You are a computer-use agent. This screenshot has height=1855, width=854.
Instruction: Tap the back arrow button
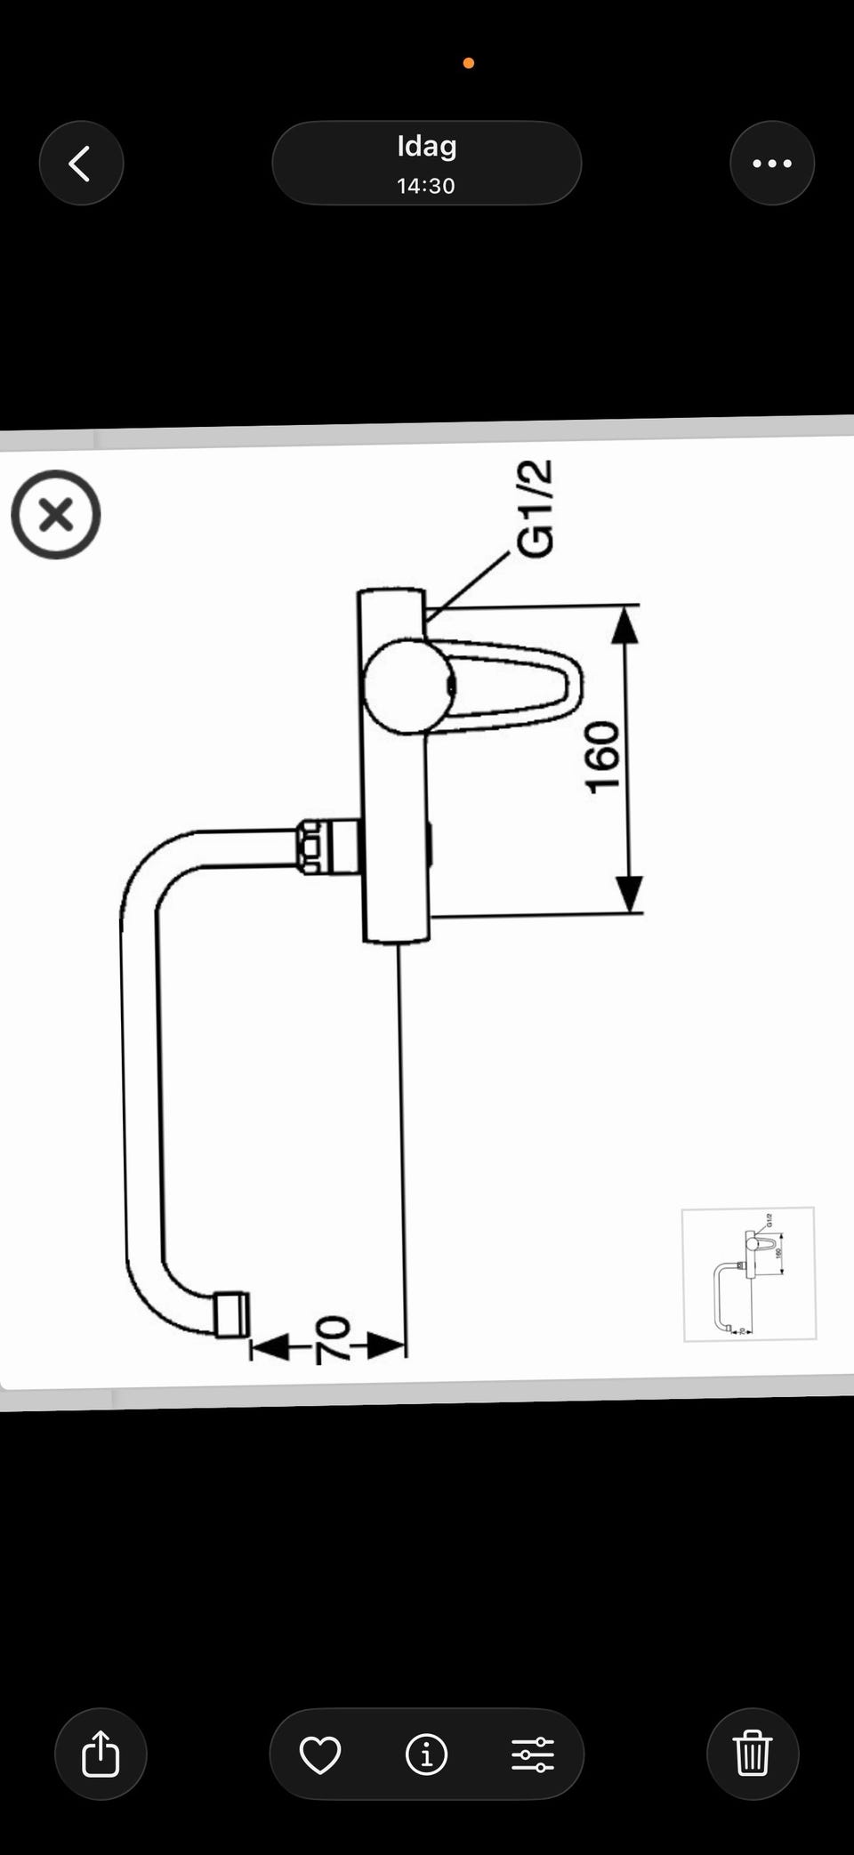[x=81, y=164]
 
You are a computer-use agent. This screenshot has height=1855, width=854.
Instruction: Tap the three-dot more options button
[x=772, y=164]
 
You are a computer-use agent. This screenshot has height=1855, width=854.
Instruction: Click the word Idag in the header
[x=427, y=147]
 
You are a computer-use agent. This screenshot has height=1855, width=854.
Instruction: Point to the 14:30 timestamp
[x=426, y=186]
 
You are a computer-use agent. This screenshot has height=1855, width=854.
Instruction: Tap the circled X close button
[x=56, y=515]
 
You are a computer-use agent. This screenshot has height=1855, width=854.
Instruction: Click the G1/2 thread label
[x=536, y=509]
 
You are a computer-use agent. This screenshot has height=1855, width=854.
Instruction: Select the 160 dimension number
[x=602, y=757]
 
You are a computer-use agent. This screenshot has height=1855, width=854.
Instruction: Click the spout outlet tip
[x=232, y=1314]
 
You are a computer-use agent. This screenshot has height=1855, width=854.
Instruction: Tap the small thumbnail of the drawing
[x=749, y=1274]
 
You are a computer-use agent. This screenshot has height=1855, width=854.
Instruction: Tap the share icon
[x=101, y=1755]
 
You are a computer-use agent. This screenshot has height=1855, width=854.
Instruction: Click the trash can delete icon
[x=753, y=1755]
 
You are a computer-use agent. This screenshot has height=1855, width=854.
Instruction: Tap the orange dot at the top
[x=469, y=63]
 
